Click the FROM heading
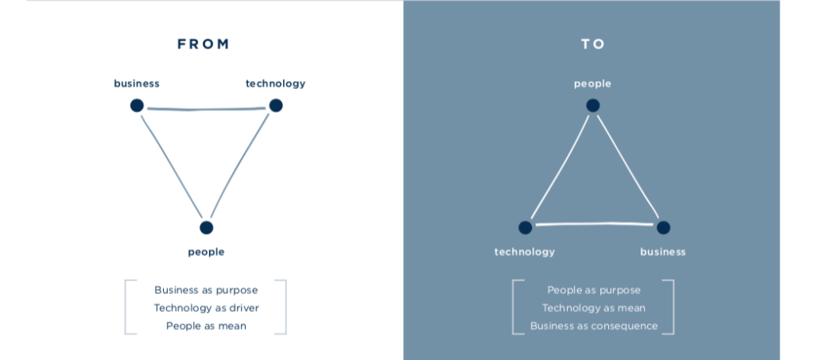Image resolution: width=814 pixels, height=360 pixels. [203, 45]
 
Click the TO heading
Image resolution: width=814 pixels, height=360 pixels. [593, 45]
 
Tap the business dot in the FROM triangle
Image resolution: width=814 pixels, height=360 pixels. [137, 105]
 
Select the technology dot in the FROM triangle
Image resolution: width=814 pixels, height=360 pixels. [276, 105]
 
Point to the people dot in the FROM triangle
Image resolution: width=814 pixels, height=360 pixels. [207, 227]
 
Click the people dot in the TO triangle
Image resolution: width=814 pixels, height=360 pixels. [593, 105]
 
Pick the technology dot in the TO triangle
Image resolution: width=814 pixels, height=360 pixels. [525, 227]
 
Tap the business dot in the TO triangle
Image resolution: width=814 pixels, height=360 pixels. [663, 227]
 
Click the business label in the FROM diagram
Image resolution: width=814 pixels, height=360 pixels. [137, 83]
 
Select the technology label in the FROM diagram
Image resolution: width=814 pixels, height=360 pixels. [275, 83]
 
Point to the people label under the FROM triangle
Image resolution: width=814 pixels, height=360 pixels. [206, 252]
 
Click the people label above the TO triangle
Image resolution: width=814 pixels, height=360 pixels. [593, 83]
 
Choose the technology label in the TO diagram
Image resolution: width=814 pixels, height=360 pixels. [525, 252]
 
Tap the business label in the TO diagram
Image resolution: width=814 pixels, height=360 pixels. [663, 252]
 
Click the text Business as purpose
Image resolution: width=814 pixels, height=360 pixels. [206, 290]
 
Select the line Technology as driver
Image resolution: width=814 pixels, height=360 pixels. [206, 308]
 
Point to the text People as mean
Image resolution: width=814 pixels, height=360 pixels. [206, 326]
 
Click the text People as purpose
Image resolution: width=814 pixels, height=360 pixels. [594, 290]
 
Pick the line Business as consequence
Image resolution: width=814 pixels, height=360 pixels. [594, 326]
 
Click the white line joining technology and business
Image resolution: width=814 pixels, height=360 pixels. [594, 225]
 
